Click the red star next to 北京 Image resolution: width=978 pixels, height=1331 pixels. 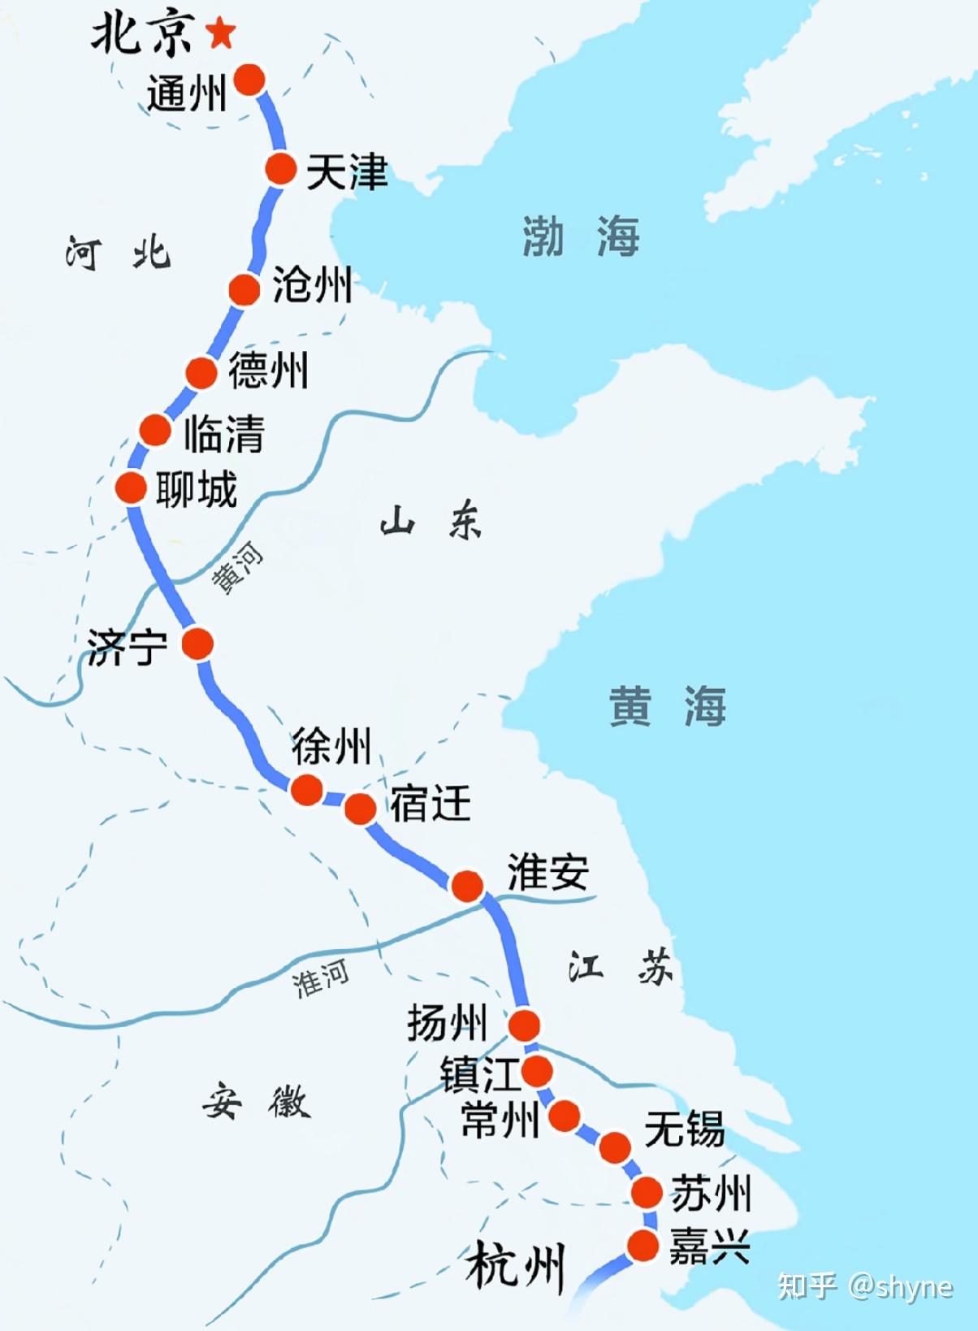click(x=220, y=34)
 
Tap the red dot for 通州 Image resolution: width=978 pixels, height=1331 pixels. click(x=250, y=80)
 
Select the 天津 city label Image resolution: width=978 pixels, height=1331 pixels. click(x=347, y=172)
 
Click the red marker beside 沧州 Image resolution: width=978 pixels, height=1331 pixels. click(x=244, y=289)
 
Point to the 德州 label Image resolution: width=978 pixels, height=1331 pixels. click(x=268, y=371)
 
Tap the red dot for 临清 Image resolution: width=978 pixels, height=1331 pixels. click(x=155, y=430)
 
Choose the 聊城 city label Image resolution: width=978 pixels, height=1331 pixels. click(x=197, y=490)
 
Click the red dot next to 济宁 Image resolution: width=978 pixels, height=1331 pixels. click(x=197, y=644)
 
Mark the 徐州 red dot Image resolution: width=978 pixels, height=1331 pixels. click(x=306, y=789)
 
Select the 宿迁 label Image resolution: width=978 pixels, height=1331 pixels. click(x=431, y=804)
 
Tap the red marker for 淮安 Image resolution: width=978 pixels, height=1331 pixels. click(x=467, y=886)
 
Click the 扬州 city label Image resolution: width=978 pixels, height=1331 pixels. click(x=448, y=1022)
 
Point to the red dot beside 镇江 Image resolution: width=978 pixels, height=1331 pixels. click(x=537, y=1071)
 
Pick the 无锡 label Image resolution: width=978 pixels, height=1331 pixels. click(x=684, y=1129)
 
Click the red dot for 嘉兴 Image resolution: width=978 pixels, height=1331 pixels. click(x=643, y=1245)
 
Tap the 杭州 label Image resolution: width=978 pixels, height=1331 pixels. click(x=515, y=1265)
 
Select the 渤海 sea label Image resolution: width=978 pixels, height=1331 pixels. click(x=580, y=237)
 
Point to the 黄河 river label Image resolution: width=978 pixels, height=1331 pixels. click(x=238, y=568)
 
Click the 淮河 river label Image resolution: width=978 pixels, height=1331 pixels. click(x=322, y=978)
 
